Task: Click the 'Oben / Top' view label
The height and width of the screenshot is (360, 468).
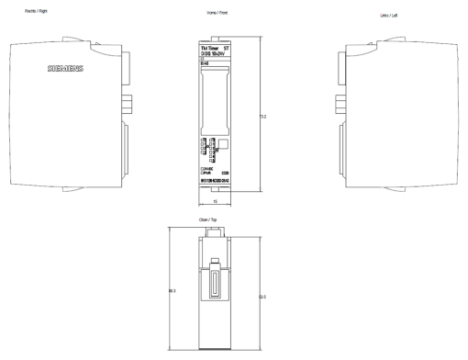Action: [216, 219]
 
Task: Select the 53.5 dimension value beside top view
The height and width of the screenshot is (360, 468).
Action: [262, 295]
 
